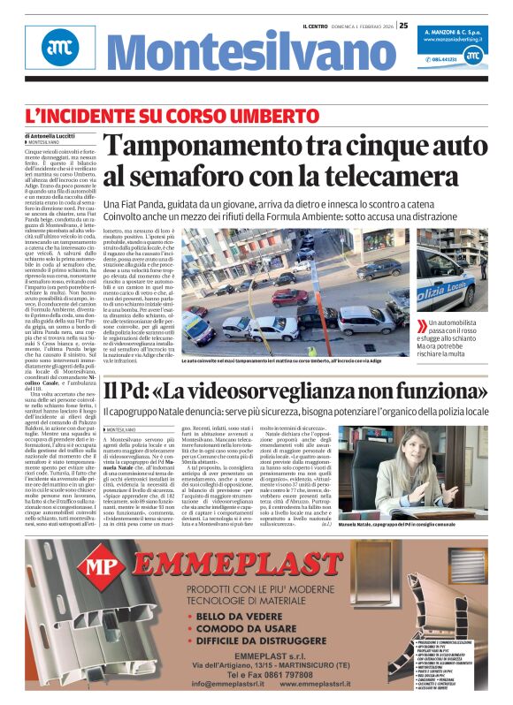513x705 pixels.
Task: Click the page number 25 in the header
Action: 403,26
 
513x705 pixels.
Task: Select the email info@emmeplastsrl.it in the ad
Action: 227,684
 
